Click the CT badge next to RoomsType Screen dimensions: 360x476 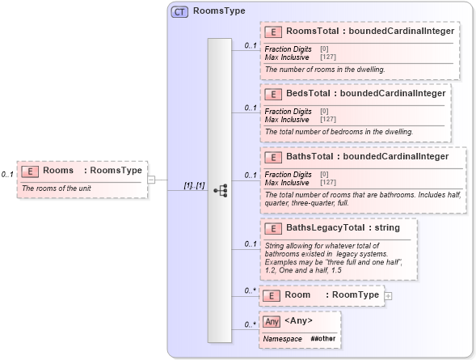(x=179, y=12)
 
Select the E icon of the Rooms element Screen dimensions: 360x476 (x=30, y=171)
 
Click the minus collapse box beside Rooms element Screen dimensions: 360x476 (x=150, y=180)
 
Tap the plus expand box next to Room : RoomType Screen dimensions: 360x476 (x=389, y=296)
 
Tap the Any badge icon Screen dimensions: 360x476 (x=272, y=322)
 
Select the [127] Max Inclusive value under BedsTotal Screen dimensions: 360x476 (x=328, y=120)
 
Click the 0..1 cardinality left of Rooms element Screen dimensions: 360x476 (x=8, y=174)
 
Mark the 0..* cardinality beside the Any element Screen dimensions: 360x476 (x=251, y=325)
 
